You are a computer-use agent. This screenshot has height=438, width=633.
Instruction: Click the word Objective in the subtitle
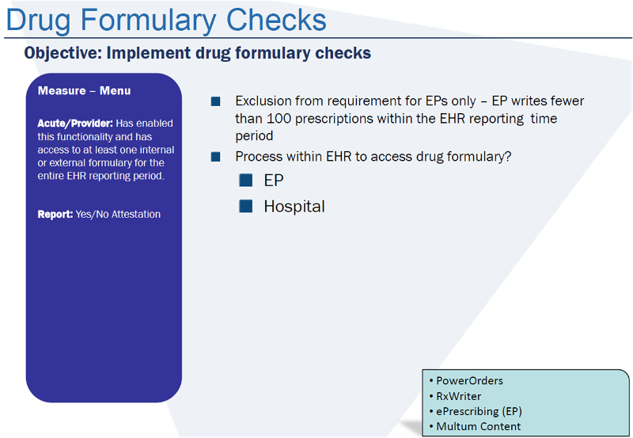point(60,54)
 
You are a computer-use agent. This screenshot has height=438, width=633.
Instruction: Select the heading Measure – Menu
point(84,91)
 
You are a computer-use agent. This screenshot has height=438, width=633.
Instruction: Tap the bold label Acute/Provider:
point(75,124)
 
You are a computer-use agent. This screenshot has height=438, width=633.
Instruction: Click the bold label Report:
point(55,214)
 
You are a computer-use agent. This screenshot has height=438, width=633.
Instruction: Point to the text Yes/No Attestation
point(118,214)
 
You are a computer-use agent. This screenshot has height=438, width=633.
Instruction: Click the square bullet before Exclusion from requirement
point(215,101)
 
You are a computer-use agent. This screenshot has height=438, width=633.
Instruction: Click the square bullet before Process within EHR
point(215,157)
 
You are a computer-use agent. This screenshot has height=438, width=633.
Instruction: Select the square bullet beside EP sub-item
point(246,181)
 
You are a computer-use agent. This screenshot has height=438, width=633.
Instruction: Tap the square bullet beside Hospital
point(246,206)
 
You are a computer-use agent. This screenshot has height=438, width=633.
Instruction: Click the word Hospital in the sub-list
point(294,207)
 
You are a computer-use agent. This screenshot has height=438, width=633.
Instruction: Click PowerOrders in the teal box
point(469,381)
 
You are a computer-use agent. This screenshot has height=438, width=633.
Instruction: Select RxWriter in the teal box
point(459,396)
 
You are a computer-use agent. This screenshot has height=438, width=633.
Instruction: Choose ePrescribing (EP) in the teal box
point(479,411)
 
